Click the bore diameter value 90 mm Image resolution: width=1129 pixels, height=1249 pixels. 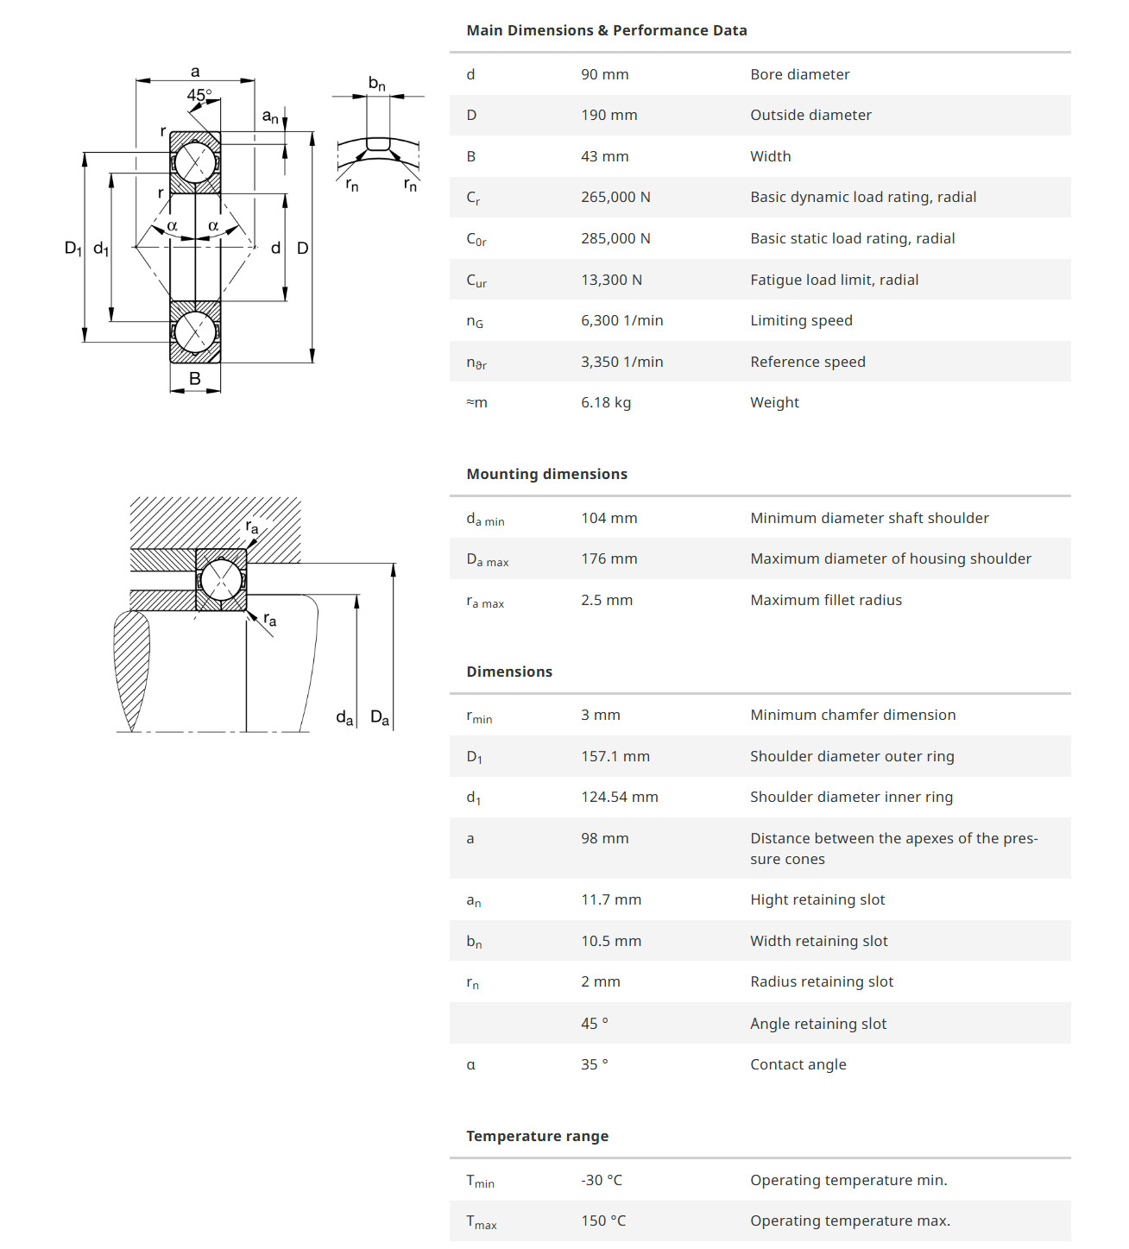(x=604, y=74)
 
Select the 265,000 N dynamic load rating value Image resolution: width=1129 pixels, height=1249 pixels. (x=615, y=197)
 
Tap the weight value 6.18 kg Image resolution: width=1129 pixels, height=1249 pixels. (x=605, y=402)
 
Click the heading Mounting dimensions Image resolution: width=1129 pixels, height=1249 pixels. (x=546, y=474)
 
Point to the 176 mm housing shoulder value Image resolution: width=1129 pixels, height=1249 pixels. (x=609, y=558)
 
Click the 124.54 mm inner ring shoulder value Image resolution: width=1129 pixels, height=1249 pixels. (x=619, y=797)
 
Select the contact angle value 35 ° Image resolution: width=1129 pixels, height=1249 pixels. (x=594, y=1064)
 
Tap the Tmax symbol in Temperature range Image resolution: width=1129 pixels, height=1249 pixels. (x=481, y=1222)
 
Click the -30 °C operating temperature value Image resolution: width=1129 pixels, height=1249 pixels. (x=601, y=1180)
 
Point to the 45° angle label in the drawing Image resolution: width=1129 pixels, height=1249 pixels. (x=199, y=95)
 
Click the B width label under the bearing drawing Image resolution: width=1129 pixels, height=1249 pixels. (x=195, y=378)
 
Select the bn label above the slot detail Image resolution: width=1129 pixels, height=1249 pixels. (x=376, y=84)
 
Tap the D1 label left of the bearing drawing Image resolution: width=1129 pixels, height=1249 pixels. (x=73, y=249)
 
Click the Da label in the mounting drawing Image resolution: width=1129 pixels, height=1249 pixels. (x=379, y=717)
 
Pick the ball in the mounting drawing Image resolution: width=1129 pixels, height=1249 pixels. (x=221, y=580)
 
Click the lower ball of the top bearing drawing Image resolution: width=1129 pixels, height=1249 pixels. (x=195, y=332)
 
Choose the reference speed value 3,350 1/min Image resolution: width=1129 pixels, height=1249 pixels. (x=621, y=362)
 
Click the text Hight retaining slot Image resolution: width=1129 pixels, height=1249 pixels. (x=817, y=899)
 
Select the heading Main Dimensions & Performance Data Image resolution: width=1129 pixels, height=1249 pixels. (x=606, y=30)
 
